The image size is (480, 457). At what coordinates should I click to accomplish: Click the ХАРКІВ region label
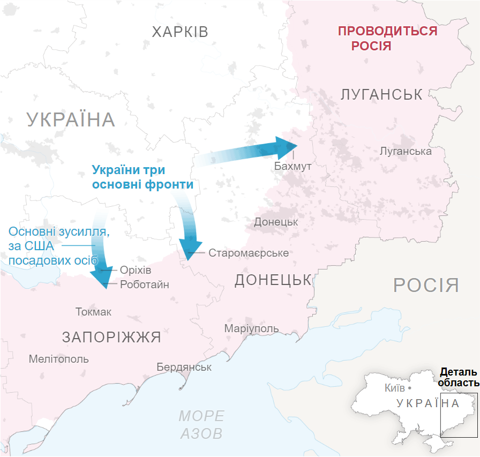179,32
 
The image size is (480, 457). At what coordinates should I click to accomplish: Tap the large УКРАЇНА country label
71,119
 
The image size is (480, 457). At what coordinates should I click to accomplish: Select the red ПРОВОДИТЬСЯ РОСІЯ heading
387,38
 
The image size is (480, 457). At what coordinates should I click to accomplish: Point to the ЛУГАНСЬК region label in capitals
381,95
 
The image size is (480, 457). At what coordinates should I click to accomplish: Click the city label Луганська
405,151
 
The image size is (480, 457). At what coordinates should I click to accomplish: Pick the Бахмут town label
292,166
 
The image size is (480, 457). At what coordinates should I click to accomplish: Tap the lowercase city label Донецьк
276,221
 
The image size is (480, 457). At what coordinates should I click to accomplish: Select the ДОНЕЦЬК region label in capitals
273,280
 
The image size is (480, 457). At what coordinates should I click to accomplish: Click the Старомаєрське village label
249,253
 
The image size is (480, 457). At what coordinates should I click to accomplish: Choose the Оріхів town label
136,271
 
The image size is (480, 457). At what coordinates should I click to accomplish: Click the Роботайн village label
144,284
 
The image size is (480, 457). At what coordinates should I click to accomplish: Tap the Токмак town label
93,312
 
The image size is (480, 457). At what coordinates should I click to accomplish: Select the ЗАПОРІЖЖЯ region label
111,338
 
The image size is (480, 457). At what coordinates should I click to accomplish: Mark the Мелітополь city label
59,359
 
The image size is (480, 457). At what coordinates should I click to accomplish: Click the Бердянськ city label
184,368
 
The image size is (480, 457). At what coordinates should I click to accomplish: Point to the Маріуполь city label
251,328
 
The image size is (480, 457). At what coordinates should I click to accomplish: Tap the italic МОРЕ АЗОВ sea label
201,424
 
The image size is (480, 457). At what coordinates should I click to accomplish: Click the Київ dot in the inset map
409,387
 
